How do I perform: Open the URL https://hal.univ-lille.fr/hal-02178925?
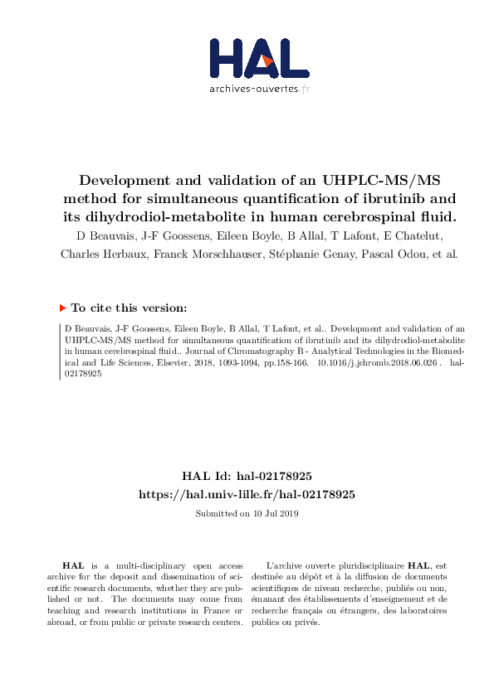[247, 493]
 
